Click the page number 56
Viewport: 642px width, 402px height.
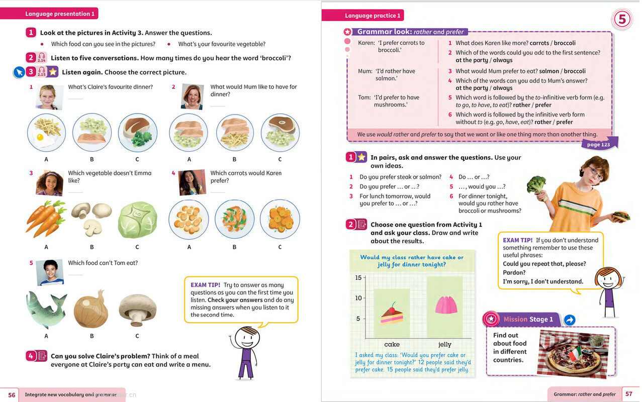click(x=12, y=395)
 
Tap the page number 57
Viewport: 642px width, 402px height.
click(x=629, y=394)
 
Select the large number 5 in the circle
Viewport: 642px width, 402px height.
click(x=622, y=20)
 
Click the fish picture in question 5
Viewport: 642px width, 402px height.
click(x=46, y=308)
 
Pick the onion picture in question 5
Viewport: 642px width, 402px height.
click(x=90, y=309)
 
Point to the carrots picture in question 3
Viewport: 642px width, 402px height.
click(x=46, y=219)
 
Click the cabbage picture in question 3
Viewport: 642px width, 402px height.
click(x=137, y=220)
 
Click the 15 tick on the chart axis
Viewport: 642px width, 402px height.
click(x=358, y=278)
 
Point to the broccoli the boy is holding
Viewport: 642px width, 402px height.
click(x=536, y=183)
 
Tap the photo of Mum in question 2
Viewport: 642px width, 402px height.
click(x=192, y=96)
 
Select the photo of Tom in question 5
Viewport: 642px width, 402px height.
click(x=50, y=272)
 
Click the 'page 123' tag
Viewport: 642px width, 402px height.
click(x=598, y=145)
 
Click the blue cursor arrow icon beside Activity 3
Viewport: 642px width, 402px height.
click(x=19, y=72)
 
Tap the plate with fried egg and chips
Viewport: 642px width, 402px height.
click(x=46, y=132)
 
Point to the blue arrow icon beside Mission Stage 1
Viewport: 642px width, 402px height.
click(x=570, y=320)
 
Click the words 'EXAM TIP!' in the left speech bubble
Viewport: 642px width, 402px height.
click(x=205, y=285)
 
